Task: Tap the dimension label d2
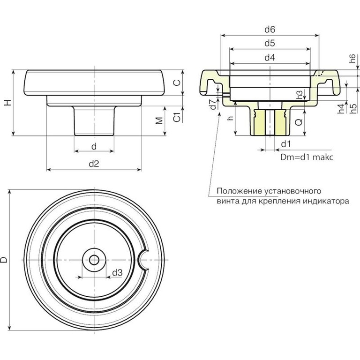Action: click(x=94, y=164)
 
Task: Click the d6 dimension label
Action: click(x=270, y=29)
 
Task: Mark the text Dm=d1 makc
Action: click(x=306, y=157)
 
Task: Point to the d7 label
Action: click(x=213, y=105)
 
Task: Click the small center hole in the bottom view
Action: click(x=95, y=260)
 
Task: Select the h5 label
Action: click(x=353, y=108)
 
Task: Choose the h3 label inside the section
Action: click(x=300, y=94)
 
